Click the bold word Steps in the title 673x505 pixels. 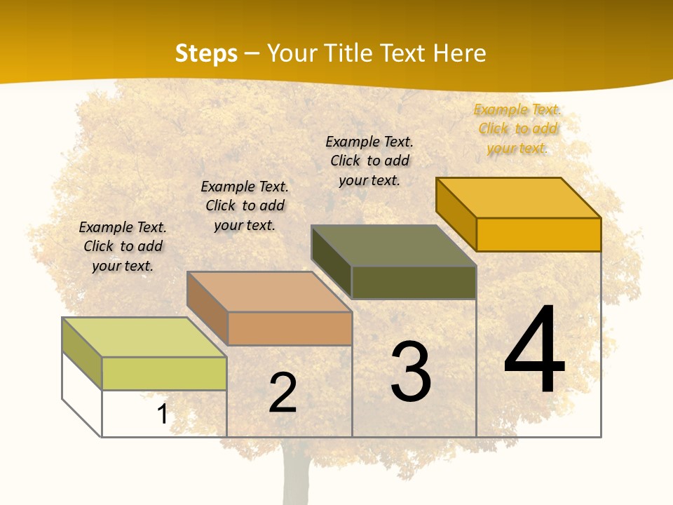(x=206, y=53)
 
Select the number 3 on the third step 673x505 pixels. (x=411, y=372)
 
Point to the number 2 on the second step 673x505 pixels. (x=283, y=393)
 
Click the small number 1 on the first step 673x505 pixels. (x=163, y=414)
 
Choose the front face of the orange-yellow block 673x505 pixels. (x=538, y=234)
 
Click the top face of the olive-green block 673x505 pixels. (x=394, y=245)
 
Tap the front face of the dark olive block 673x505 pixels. (x=414, y=282)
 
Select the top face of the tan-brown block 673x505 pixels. (x=269, y=292)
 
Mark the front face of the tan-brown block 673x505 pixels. (x=290, y=328)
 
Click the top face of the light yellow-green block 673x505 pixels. (x=144, y=337)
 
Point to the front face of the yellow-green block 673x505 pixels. (x=164, y=373)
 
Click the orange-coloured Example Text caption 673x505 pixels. (x=517, y=128)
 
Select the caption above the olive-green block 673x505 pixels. (x=369, y=161)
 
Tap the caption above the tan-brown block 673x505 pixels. (x=245, y=206)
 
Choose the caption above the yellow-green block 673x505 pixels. (x=123, y=246)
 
